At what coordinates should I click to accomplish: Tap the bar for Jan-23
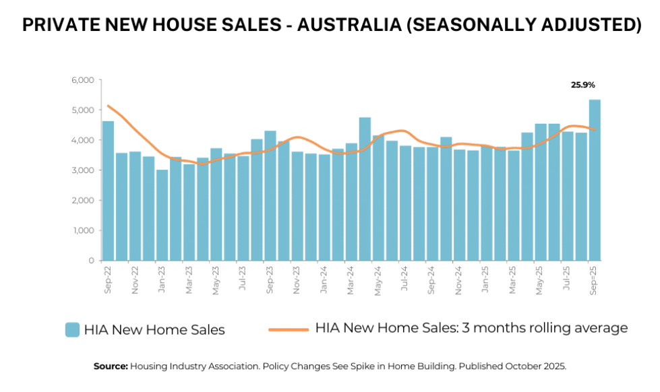click(x=162, y=215)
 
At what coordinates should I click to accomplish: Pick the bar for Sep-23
click(x=270, y=195)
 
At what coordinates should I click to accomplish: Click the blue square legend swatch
click(x=72, y=329)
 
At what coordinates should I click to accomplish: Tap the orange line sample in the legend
click(x=289, y=329)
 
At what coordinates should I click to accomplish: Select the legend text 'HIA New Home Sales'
click(x=154, y=330)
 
